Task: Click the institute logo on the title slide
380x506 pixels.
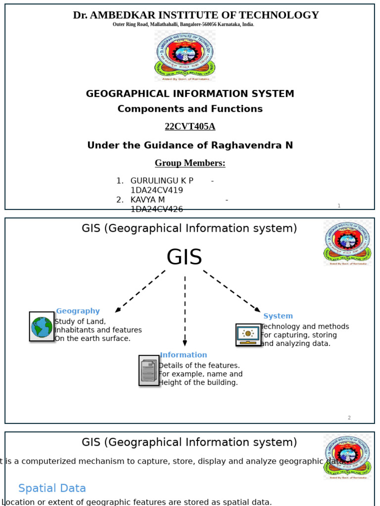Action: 185,55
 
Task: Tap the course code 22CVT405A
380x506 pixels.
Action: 190,126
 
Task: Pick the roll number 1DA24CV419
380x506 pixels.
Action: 156,190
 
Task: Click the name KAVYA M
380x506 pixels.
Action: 147,200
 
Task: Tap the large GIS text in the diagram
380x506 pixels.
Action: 184,257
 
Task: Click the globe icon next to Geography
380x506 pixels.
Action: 42,327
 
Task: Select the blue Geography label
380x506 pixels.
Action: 78,311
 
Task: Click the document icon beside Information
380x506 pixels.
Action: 148,370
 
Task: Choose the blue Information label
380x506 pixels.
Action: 184,355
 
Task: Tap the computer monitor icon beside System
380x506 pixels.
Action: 248,335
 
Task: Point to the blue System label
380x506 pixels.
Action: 278,316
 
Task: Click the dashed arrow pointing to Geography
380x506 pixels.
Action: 140,291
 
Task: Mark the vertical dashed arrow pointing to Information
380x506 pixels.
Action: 185,311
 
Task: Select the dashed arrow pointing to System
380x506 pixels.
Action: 231,291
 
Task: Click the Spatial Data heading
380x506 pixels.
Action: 52,488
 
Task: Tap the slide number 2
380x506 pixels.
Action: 349,418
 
